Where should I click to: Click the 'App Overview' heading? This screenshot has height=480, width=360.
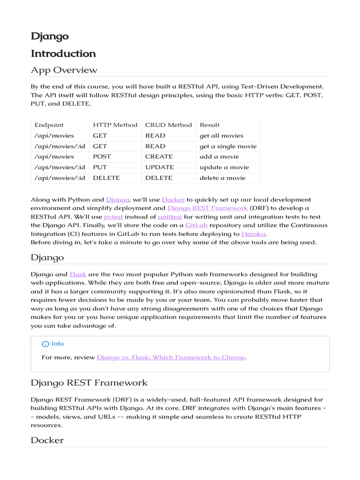point(64,70)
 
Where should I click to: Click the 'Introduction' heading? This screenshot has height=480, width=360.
point(63,53)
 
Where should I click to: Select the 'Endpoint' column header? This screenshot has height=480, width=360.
point(49,125)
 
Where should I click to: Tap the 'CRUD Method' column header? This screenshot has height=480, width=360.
point(168,125)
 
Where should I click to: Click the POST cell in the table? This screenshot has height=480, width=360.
point(102,157)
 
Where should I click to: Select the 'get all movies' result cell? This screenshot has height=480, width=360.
point(221,135)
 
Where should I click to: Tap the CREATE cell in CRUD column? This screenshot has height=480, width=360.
point(159,157)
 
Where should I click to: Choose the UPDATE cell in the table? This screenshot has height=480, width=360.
point(159,167)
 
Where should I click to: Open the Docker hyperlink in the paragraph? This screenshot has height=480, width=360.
point(173,200)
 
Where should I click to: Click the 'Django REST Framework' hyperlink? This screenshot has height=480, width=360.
point(207,208)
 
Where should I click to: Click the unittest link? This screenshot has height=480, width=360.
point(170,217)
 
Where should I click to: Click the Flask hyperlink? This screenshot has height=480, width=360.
point(78,274)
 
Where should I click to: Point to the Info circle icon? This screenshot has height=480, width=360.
point(45,344)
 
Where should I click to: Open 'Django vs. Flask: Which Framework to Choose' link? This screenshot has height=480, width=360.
point(171,358)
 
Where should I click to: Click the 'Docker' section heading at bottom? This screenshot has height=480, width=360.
point(47,441)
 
